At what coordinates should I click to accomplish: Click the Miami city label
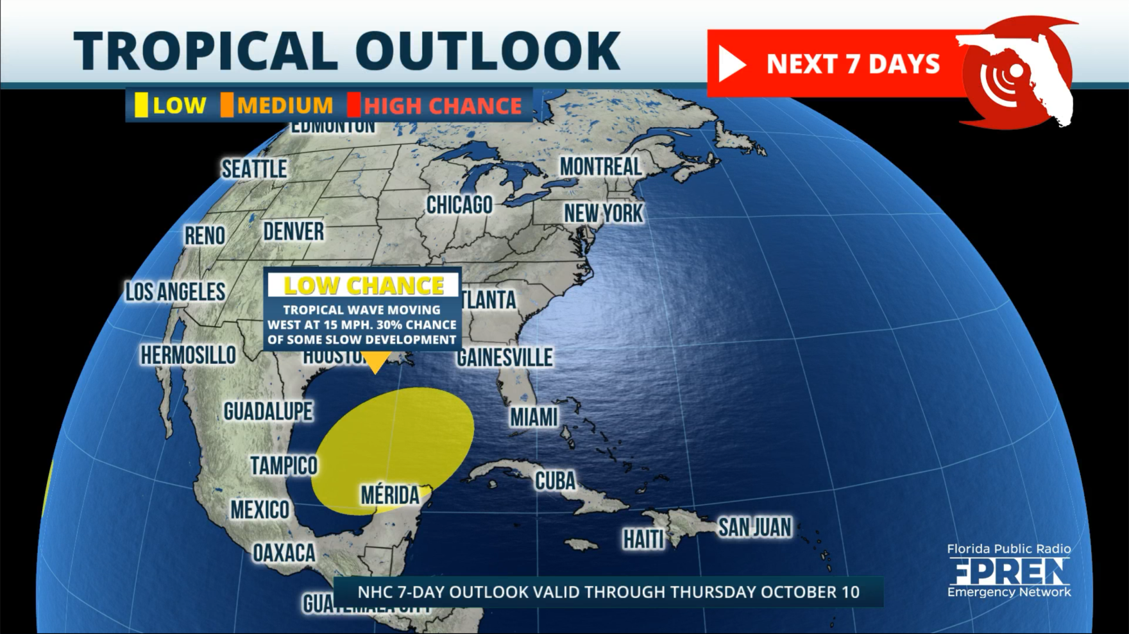[x=534, y=418]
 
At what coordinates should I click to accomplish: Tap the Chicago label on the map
[x=459, y=205]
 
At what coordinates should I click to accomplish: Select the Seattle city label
[x=254, y=169]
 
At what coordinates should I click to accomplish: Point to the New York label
[x=603, y=214]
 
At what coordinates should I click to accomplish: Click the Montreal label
[x=600, y=167]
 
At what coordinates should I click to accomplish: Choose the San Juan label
[x=754, y=527]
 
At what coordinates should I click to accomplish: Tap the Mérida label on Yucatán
[x=389, y=495]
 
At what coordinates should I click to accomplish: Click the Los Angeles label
[x=175, y=292]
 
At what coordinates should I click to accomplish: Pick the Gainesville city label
[x=504, y=357]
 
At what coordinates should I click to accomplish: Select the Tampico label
[x=284, y=465]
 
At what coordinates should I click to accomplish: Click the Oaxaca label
[x=284, y=553]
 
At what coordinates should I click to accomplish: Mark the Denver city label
[x=293, y=232]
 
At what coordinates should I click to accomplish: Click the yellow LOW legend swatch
[x=141, y=105]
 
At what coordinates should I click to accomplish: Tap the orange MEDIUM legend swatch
[x=227, y=105]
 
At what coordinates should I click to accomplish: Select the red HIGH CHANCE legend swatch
[x=353, y=105]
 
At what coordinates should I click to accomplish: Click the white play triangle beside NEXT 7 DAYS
[x=730, y=64]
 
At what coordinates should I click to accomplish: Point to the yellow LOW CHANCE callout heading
[x=364, y=286]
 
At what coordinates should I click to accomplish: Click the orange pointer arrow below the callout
[x=375, y=363]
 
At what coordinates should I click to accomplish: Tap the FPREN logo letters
[x=1009, y=570]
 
